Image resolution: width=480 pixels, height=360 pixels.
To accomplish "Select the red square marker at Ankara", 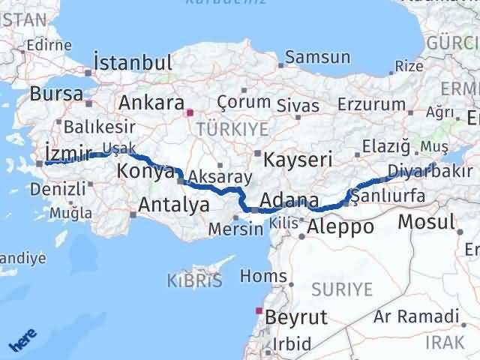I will point(190,113).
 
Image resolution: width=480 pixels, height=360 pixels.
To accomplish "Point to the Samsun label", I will point(318,57).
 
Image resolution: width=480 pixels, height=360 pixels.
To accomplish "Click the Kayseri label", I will point(297,158).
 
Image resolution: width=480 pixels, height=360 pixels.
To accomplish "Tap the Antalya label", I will point(174,203).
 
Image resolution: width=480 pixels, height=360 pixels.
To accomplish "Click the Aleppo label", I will point(340,226).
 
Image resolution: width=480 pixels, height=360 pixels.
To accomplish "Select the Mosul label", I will point(427,221).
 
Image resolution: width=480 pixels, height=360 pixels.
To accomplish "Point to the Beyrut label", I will point(296,317).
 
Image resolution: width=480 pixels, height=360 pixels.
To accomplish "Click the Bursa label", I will point(56,94).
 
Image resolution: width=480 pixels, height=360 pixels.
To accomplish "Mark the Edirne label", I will point(48,45).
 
